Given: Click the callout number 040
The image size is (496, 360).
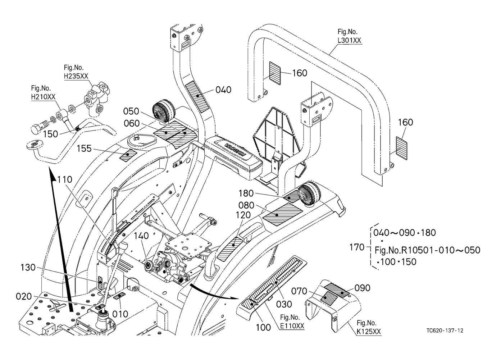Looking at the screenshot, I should [x=223, y=90].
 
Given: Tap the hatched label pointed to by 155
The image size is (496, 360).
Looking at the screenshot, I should [x=128, y=155].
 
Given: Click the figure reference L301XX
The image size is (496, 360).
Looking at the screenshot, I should [x=349, y=40].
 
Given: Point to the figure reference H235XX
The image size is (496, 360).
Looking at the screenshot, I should [x=76, y=76].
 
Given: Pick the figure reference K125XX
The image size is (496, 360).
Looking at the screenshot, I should [x=369, y=332].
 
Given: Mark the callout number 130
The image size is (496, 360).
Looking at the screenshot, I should [x=28, y=268].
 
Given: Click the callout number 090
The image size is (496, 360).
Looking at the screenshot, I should [x=362, y=288].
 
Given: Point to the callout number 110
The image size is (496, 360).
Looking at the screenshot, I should [x=64, y=179].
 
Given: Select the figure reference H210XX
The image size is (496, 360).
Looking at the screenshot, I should [x=43, y=97].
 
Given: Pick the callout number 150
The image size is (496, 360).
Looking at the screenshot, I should [x=51, y=134].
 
